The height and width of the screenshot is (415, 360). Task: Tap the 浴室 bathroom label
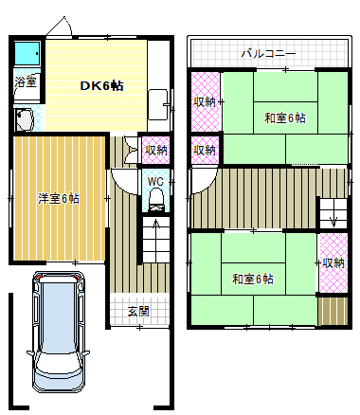click(x=26, y=82)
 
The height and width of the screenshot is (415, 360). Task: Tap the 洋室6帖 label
click(x=58, y=198)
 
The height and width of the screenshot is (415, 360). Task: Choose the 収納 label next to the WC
click(x=156, y=150)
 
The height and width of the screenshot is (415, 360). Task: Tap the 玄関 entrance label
click(x=137, y=311)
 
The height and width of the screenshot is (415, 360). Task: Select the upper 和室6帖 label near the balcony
click(x=284, y=118)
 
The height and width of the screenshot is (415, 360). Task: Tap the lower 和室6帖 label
click(x=252, y=280)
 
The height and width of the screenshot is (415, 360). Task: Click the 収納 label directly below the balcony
click(x=205, y=102)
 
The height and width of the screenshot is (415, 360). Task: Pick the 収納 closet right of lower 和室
click(x=332, y=263)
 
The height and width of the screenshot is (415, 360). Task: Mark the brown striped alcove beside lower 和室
click(x=332, y=310)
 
